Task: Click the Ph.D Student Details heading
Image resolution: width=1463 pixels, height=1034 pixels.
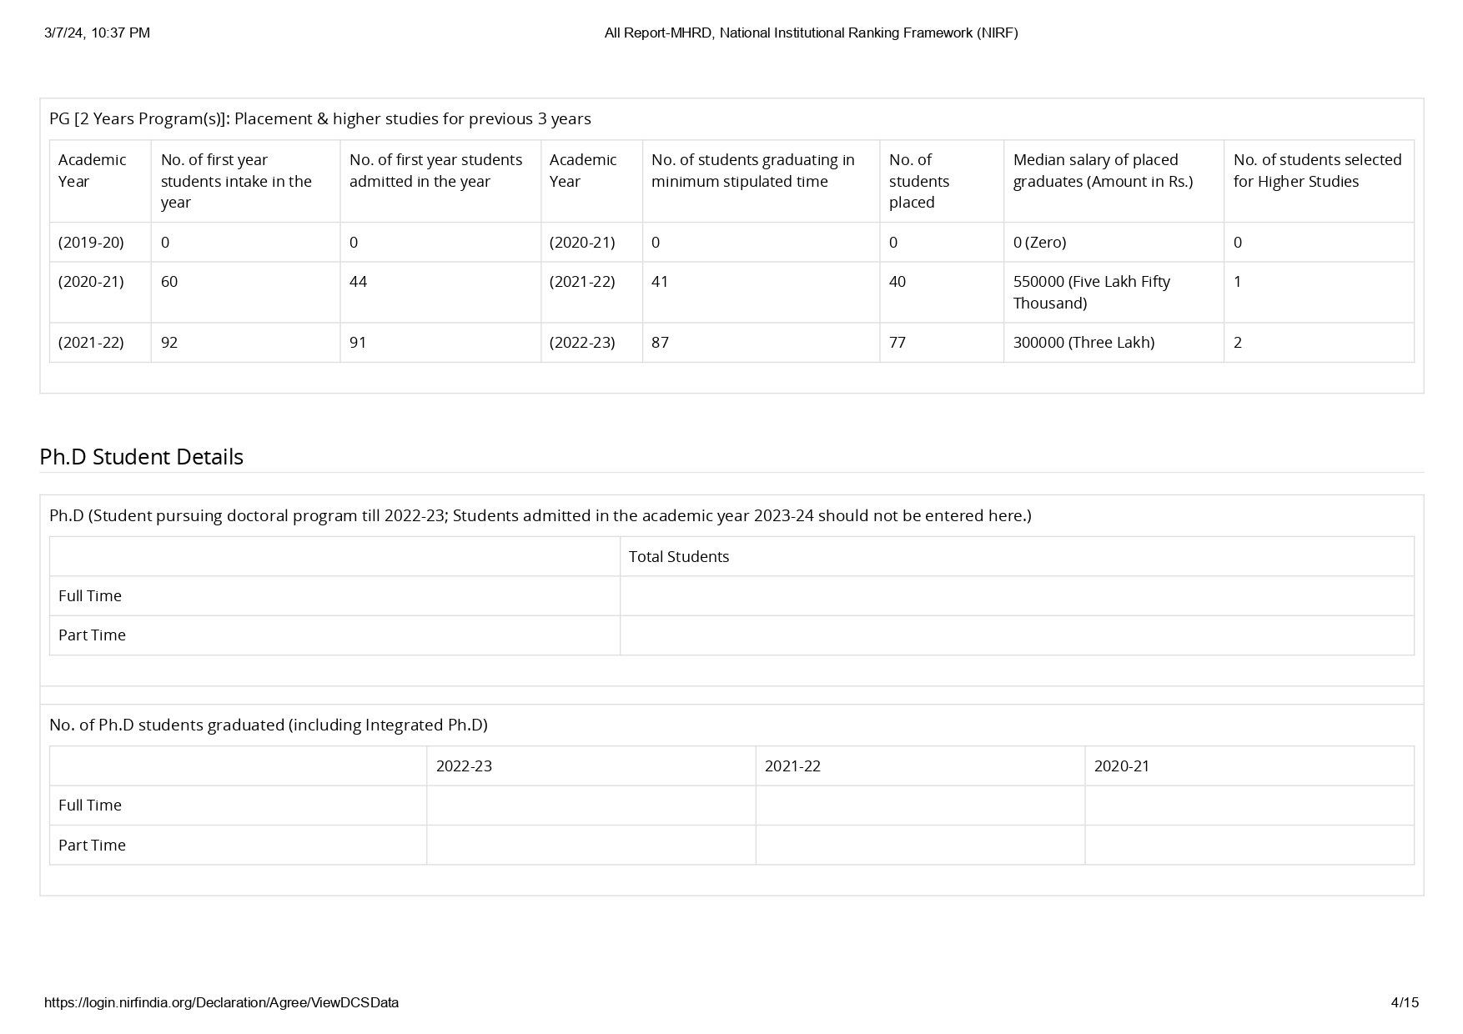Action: click(x=141, y=457)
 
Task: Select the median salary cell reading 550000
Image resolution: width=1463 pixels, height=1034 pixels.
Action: click(x=1091, y=292)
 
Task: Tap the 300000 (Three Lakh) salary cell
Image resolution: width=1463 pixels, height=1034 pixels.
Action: click(x=1083, y=342)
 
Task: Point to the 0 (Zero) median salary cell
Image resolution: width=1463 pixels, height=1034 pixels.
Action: click(x=1039, y=243)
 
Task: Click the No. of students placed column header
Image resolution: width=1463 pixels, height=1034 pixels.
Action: click(x=918, y=181)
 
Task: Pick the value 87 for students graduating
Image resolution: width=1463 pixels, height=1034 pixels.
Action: click(x=660, y=342)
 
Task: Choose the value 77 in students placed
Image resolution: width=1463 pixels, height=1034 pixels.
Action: click(x=897, y=342)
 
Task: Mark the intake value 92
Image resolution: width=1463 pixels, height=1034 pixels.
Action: click(x=169, y=342)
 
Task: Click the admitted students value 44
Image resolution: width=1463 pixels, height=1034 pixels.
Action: click(x=358, y=282)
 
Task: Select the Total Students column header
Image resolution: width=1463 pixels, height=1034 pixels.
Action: click(x=678, y=557)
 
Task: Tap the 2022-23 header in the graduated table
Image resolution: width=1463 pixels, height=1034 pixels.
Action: click(x=464, y=766)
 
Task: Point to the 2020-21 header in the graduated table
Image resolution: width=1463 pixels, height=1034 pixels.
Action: click(x=1121, y=766)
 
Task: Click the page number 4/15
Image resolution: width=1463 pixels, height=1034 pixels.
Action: click(x=1405, y=1002)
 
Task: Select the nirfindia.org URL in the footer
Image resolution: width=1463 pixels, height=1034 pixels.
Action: click(x=221, y=1002)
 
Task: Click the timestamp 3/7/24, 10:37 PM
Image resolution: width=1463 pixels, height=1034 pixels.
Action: click(x=97, y=33)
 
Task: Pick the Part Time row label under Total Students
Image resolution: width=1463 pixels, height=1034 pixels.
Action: click(x=92, y=635)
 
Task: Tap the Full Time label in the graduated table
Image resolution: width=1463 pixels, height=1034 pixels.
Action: click(x=89, y=806)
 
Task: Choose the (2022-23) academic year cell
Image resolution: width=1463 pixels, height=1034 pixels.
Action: click(x=582, y=342)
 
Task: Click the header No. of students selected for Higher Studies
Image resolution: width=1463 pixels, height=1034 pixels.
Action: click(x=1317, y=171)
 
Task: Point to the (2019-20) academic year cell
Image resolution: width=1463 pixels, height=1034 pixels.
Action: click(x=91, y=243)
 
